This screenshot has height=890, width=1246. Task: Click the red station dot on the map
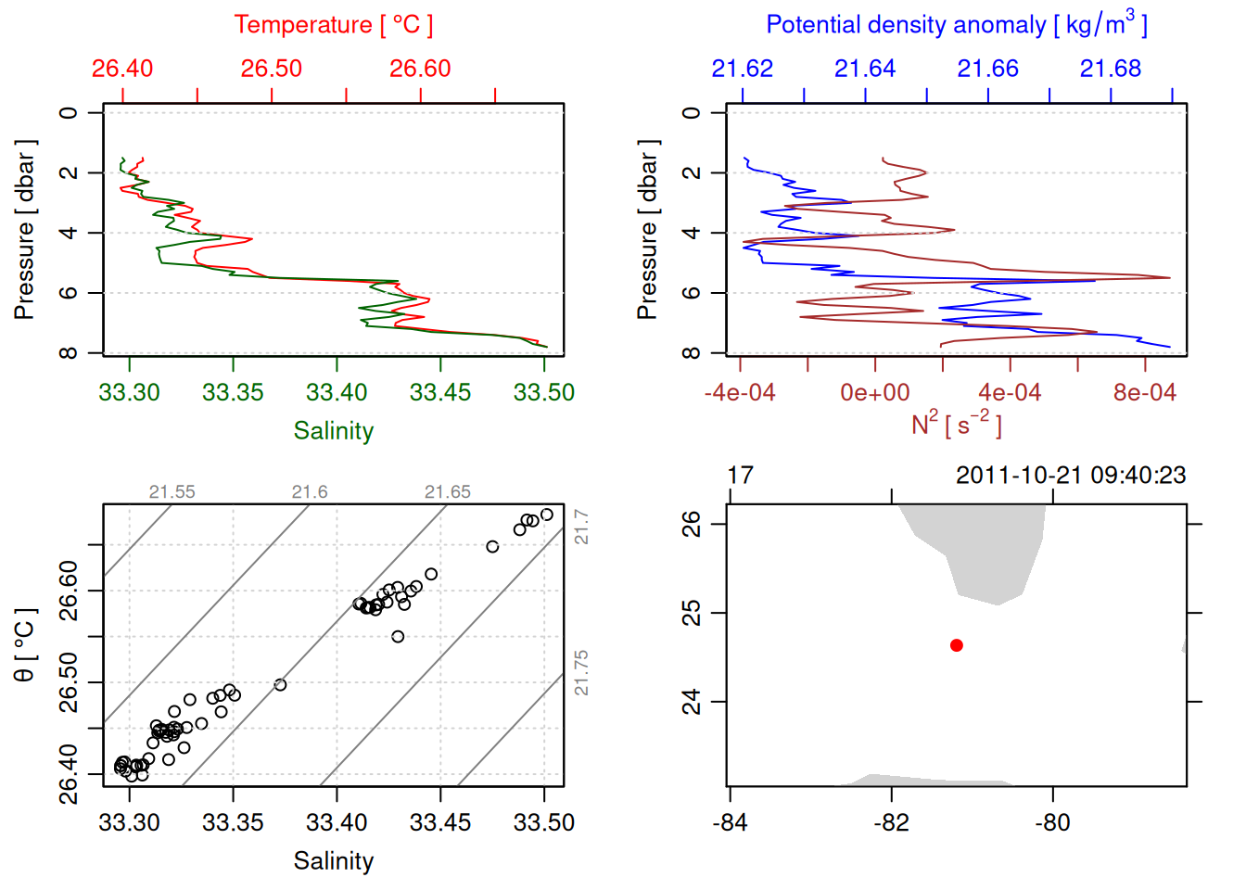(956, 645)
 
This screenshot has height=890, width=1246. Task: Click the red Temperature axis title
(333, 25)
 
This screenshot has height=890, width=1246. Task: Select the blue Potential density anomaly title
(956, 25)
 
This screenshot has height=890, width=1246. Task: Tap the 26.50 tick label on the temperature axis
(272, 69)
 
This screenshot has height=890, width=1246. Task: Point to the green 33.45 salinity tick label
(440, 392)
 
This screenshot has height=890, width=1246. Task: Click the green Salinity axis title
(334, 431)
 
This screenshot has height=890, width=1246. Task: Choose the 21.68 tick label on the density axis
(1111, 69)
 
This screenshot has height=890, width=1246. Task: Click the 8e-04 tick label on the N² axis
(1145, 392)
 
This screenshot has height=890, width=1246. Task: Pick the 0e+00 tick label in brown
(875, 392)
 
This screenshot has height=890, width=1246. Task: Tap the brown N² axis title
(956, 424)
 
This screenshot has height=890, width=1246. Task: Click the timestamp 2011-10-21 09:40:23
(1071, 476)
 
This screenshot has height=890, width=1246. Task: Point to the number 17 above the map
(740, 476)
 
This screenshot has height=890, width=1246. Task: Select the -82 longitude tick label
(891, 822)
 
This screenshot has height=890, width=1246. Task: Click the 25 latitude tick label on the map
(692, 613)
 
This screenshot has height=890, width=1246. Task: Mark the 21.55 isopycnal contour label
(172, 492)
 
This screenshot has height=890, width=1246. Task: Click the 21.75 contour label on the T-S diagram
(581, 672)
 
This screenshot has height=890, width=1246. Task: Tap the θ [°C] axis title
(25, 645)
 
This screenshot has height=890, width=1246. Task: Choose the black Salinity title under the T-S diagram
(334, 861)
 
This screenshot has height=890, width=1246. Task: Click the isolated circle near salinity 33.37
(280, 685)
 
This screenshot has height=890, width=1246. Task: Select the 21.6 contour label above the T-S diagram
(310, 492)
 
